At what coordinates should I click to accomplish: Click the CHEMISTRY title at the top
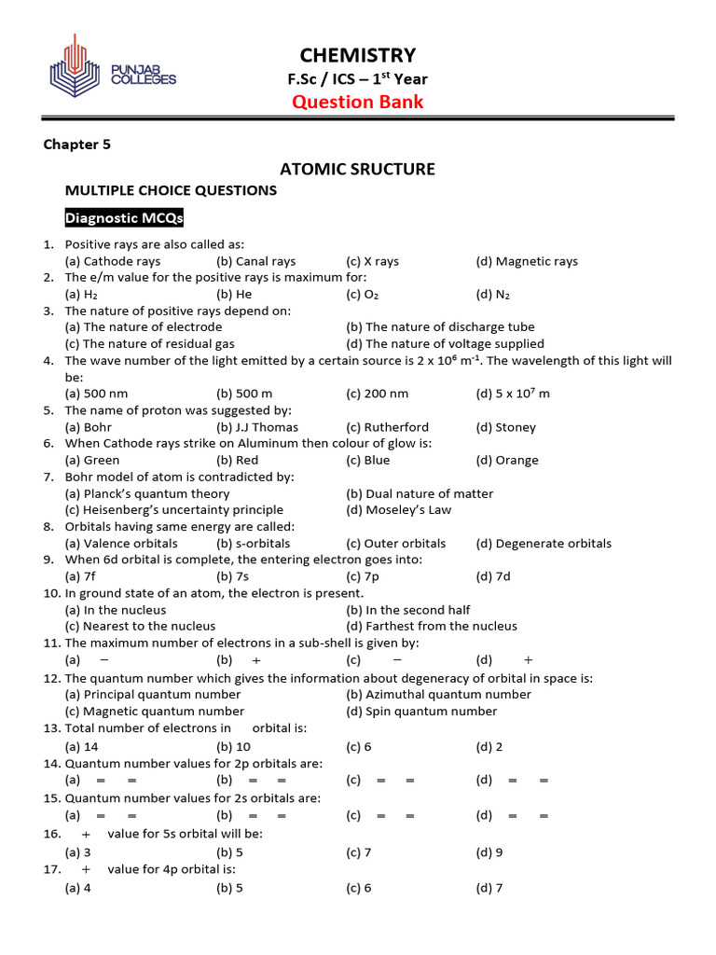358,55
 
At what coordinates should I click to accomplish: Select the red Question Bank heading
358,102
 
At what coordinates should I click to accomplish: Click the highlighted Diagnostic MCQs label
124,219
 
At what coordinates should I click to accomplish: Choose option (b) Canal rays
255,261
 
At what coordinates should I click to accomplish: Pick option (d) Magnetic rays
527,261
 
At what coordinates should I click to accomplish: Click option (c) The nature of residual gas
149,343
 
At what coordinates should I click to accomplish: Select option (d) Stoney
506,427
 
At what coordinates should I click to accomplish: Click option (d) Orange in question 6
507,460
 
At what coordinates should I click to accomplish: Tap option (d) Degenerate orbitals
544,543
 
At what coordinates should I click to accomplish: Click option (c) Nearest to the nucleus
140,626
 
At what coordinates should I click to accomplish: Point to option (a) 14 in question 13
81,746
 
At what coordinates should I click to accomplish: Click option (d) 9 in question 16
489,852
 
